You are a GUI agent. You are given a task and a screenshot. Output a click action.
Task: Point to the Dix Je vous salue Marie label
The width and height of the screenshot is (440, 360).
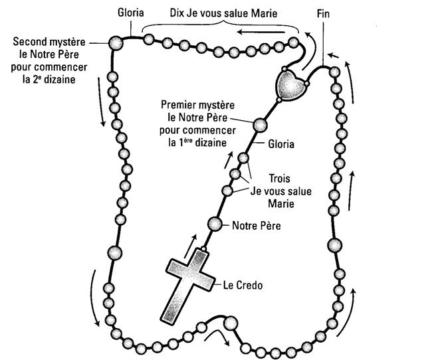tap(219, 13)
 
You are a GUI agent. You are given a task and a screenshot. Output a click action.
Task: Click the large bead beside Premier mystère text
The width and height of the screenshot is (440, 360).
tap(259, 124)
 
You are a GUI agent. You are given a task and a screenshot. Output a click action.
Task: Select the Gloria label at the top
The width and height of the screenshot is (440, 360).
tap(130, 13)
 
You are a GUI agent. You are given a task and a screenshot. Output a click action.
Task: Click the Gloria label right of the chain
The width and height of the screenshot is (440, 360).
tap(281, 143)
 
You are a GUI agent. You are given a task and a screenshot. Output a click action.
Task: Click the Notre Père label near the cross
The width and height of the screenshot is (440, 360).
tap(256, 225)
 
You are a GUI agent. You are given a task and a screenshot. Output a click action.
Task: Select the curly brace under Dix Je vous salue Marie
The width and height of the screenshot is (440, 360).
tap(219, 24)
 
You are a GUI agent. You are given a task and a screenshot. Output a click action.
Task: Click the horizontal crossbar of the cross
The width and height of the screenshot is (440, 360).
tap(185, 274)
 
